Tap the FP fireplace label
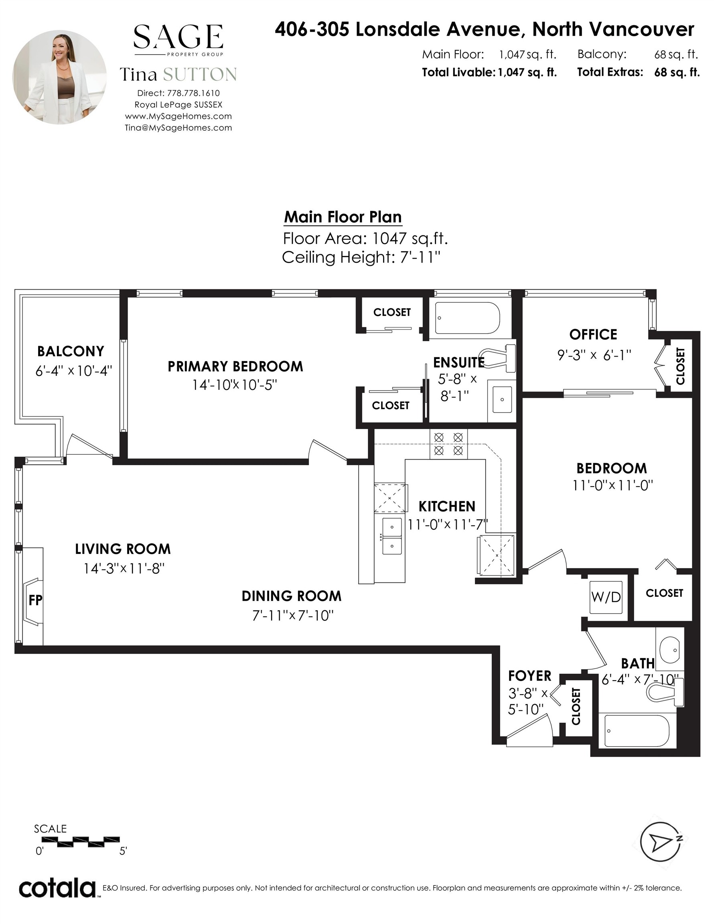click(36, 600)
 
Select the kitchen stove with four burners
click(448, 444)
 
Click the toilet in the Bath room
click(665, 692)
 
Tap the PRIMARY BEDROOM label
click(235, 367)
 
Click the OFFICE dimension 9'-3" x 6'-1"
click(594, 355)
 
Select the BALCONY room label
click(71, 351)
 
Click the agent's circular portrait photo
click(59, 77)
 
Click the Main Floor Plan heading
click(343, 217)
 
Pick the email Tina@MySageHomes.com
click(178, 128)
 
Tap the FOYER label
click(530, 676)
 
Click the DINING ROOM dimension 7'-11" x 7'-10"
click(293, 615)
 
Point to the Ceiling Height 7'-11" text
click(361, 257)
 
